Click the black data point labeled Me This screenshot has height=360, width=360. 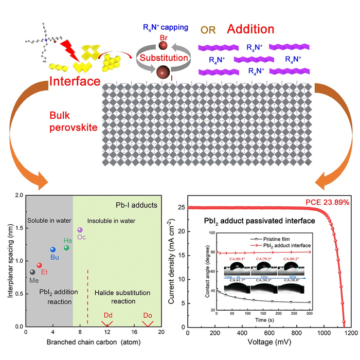(32, 272)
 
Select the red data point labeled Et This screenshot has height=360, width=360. (39, 265)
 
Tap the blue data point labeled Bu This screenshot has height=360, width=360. (52, 249)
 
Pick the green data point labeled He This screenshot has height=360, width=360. (66, 247)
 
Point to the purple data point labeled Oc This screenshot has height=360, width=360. (79, 230)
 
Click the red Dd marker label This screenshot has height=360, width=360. (108, 314)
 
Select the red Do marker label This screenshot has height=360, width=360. (148, 314)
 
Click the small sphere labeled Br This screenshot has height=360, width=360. (163, 46)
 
